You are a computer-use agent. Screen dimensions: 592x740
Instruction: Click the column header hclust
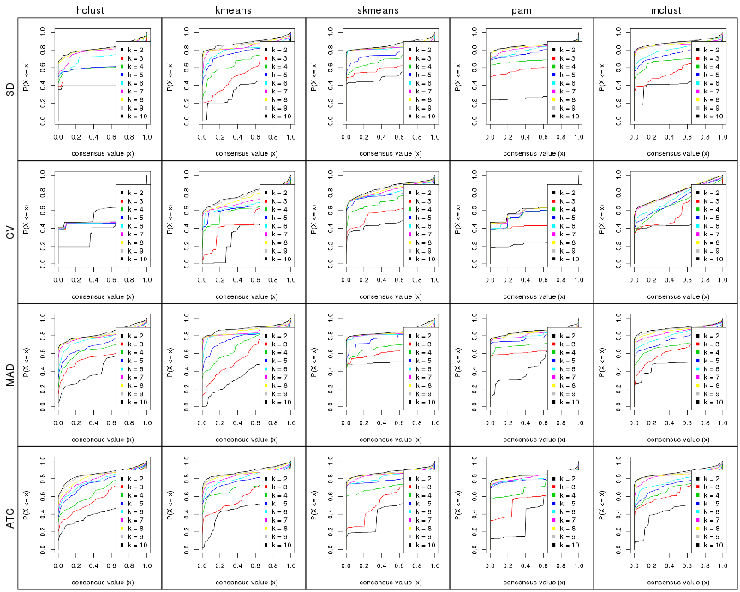coord(89,9)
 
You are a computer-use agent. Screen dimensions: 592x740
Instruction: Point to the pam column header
coord(522,9)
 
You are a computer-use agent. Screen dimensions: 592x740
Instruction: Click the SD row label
coord(9,87)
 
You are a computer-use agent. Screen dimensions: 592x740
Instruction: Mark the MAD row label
coord(9,375)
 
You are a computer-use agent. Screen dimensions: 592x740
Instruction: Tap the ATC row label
coord(9,519)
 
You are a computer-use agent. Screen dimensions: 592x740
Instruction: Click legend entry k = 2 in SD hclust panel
coord(133,50)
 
